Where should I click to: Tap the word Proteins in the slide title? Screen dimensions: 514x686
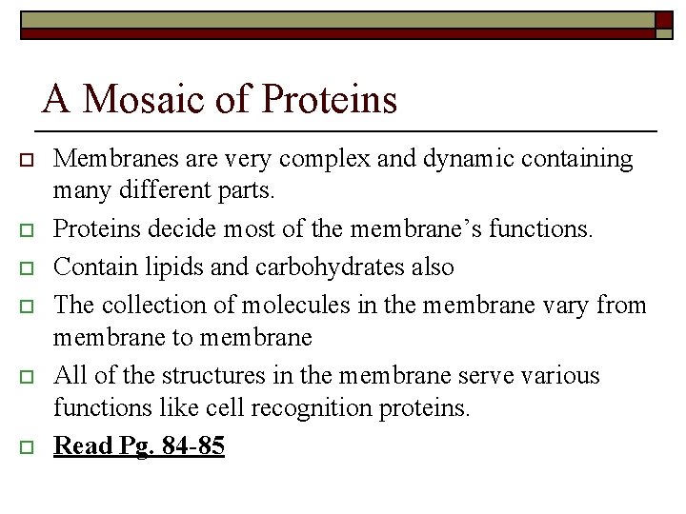click(x=329, y=99)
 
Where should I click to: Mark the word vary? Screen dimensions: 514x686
click(x=571, y=305)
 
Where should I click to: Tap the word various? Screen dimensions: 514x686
click(x=563, y=375)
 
